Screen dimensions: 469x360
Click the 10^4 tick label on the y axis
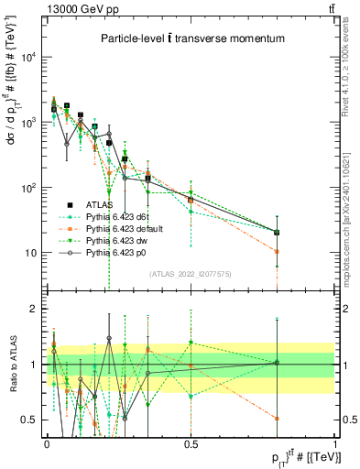pos(30,57)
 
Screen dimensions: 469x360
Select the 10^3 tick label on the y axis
pos(30,122)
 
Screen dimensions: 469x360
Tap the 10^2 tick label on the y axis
pos(30,188)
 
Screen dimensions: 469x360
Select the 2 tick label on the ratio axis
pos(37,309)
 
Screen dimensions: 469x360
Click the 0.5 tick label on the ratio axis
pos(33,420)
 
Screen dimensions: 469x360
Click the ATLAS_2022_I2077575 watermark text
pos(191,273)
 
